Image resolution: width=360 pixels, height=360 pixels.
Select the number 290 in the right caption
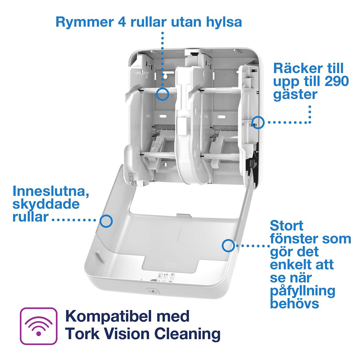335,81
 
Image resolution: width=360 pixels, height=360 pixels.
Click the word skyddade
46,204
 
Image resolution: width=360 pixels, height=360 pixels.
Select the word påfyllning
302,290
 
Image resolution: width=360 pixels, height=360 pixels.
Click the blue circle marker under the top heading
162,93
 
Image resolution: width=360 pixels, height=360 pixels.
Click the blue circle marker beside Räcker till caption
258,122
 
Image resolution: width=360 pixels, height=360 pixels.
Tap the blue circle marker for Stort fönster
228,245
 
